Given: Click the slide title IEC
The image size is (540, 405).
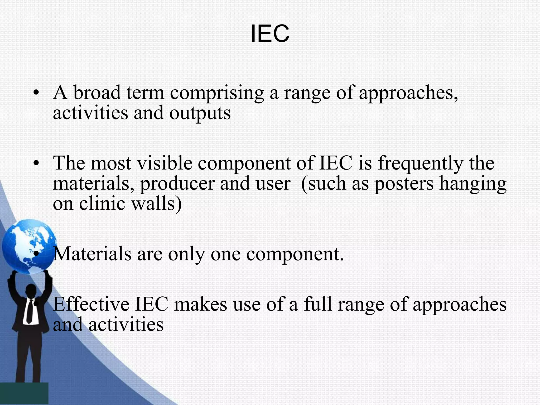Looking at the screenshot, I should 270,34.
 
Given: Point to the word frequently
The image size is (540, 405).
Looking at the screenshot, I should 420,163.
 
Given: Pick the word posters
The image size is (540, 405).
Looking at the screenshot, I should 404,184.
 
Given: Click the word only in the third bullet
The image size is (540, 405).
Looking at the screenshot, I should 186,255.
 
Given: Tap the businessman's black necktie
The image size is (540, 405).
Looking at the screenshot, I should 29,311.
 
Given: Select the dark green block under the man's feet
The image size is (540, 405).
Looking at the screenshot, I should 24,393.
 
